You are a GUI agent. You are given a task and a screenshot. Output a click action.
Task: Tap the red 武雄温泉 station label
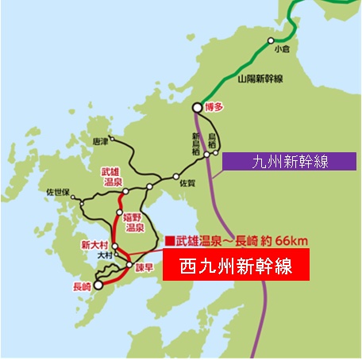[x=109, y=176]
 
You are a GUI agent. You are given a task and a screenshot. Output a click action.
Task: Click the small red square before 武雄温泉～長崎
[x=168, y=240]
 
